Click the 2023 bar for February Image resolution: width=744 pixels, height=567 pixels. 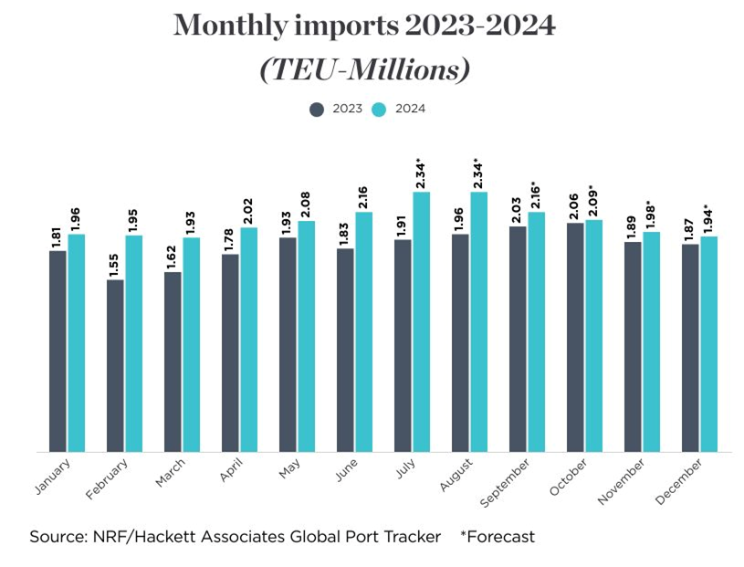pos(115,365)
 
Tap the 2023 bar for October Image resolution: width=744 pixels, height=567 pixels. pos(575,337)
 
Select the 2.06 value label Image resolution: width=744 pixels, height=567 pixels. pos(575,206)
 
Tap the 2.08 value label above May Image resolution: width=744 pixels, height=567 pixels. pos(307,203)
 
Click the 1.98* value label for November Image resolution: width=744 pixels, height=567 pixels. pos(651,214)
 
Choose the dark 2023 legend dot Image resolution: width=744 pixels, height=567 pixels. pos(318,109)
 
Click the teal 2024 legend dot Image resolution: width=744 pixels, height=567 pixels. pos(379,109)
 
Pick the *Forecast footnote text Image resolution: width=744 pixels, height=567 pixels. pos(498,537)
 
